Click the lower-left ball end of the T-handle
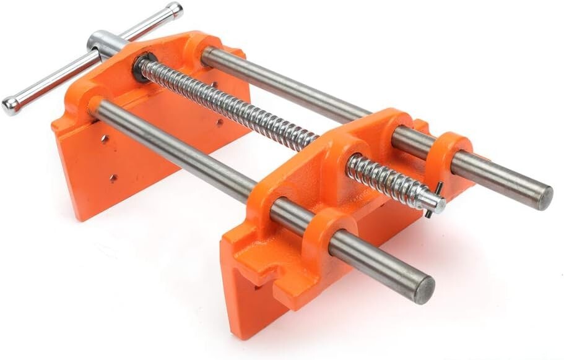(x=11, y=106)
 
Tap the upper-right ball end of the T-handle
(x=175, y=9)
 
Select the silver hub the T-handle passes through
(x=103, y=45)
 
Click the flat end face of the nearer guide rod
(x=424, y=289)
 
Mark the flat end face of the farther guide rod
(x=544, y=197)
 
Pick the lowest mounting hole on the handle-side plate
(x=113, y=178)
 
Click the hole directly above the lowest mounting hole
(x=105, y=140)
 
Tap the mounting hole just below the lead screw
(x=220, y=122)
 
